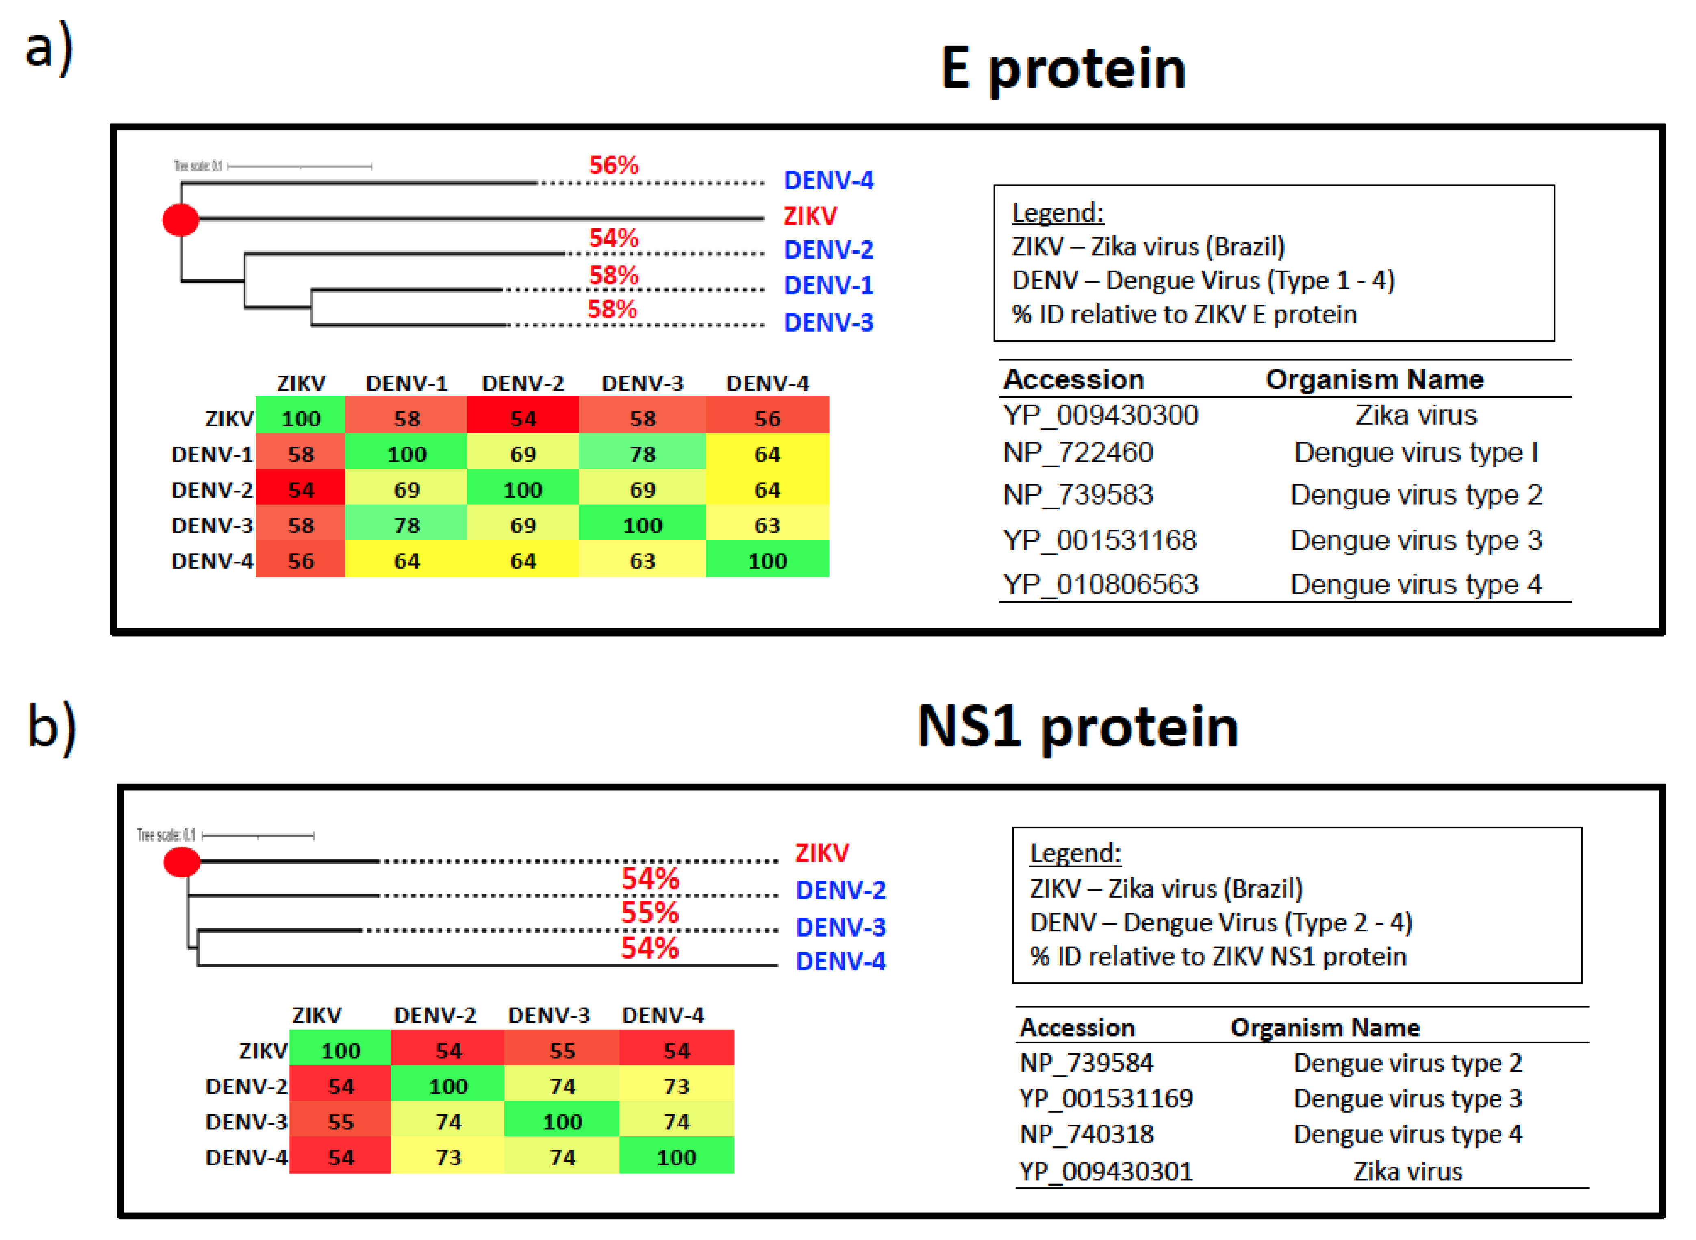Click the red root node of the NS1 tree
coord(182,861)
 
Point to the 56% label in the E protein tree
coord(613,165)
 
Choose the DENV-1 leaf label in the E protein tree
coord(828,285)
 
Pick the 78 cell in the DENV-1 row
coord(643,454)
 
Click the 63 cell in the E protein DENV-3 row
coord(767,525)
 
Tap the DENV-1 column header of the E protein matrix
coord(407,383)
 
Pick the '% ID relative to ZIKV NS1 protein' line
coord(1217,956)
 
